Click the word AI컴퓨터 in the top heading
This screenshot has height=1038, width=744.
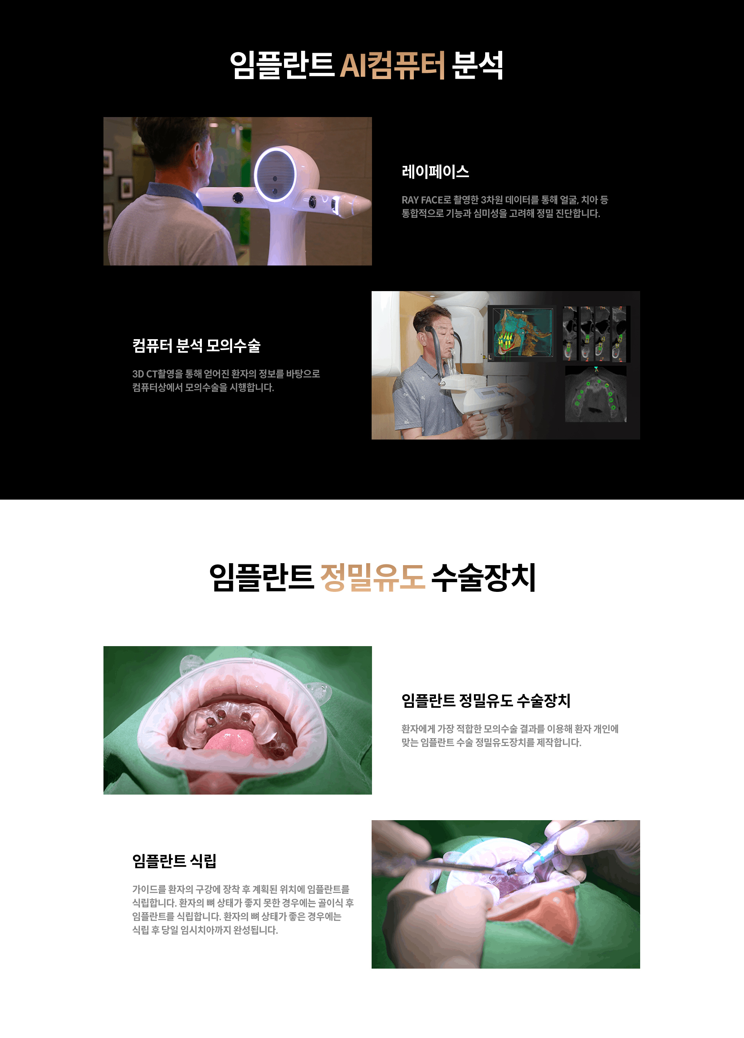392,66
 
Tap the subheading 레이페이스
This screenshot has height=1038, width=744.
435,172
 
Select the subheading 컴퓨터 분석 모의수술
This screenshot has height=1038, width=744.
196,345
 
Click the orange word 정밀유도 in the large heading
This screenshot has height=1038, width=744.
372,578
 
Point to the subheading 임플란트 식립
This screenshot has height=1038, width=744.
174,861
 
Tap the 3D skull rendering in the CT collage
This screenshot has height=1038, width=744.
522,332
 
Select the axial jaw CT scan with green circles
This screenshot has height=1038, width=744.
595,393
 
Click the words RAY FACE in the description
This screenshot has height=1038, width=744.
422,200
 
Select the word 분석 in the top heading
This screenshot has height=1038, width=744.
477,66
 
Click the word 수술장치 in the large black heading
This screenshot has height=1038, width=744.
483,578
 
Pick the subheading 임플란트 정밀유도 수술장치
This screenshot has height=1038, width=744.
486,701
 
